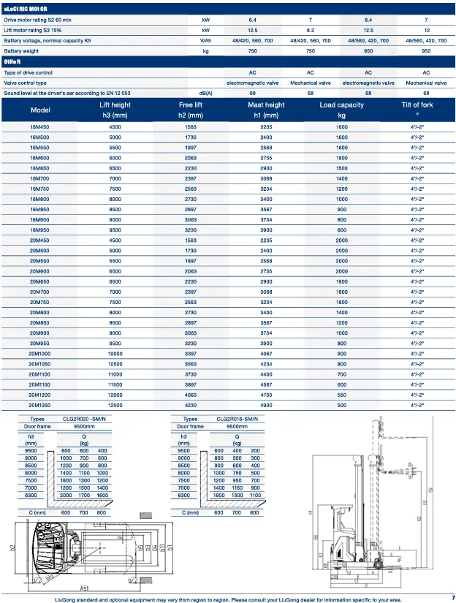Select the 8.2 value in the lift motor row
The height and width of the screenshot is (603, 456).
(311, 31)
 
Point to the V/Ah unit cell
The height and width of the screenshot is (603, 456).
(206, 41)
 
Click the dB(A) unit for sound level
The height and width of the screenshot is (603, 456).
(206, 93)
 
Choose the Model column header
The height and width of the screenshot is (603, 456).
(40, 110)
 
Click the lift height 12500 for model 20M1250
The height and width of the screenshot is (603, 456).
(115, 404)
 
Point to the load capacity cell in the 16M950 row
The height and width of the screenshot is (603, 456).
(341, 230)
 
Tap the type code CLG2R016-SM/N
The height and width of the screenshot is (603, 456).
(237, 419)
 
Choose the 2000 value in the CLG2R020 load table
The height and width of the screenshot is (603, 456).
(66, 495)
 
